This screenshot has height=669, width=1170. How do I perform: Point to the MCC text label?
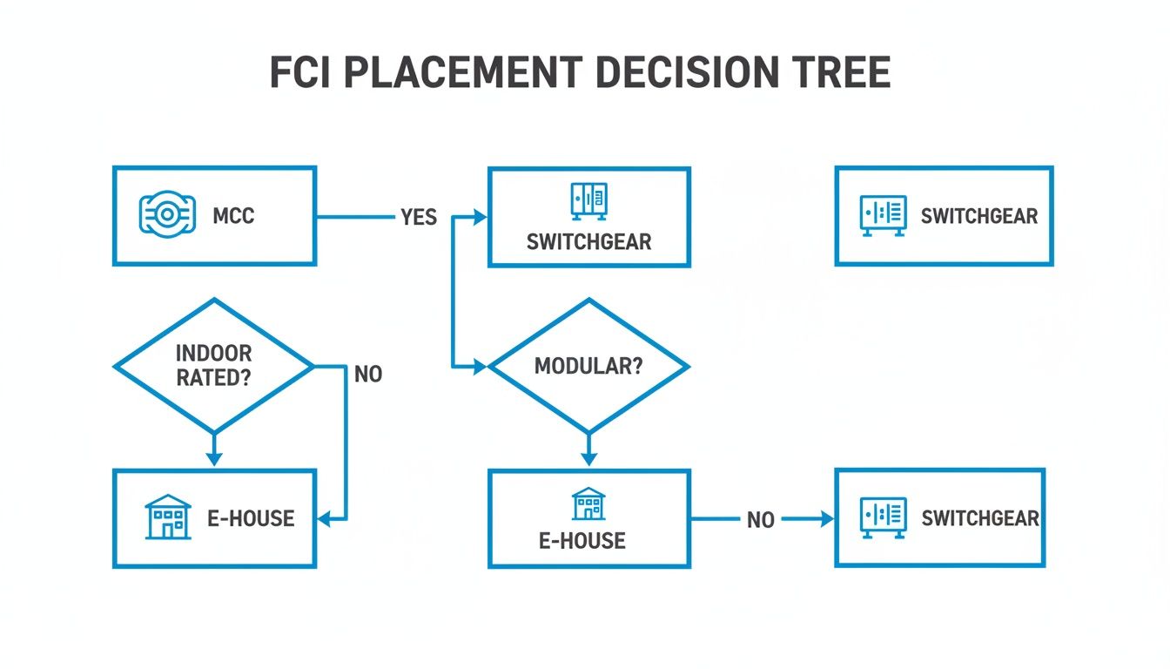coord(233,215)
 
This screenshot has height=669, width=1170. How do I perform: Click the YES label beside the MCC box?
coord(419,217)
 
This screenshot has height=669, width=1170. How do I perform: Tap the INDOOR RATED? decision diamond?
coord(213,366)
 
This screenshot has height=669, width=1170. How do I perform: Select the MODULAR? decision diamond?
coord(588,366)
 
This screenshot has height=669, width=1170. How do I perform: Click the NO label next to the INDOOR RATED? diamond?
coord(368,375)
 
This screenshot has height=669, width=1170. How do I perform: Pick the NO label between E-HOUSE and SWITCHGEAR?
coord(760,520)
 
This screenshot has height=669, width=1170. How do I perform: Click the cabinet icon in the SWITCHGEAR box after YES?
coord(588,200)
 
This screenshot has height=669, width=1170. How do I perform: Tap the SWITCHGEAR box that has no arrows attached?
coord(944,215)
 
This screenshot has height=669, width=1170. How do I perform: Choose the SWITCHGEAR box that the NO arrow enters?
coord(939,518)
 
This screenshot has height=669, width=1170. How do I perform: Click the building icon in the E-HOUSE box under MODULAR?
coord(588,503)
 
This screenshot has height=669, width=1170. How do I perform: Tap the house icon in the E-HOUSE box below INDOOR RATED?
coord(166,517)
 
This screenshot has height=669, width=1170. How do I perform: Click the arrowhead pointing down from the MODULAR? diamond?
coord(588,458)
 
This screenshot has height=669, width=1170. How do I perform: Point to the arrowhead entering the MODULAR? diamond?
coord(479,368)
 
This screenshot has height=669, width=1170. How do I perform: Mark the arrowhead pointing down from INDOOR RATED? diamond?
coord(213,458)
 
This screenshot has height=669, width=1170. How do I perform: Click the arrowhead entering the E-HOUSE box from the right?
coord(325,520)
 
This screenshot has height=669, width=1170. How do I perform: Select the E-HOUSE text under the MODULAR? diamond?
coord(582,541)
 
